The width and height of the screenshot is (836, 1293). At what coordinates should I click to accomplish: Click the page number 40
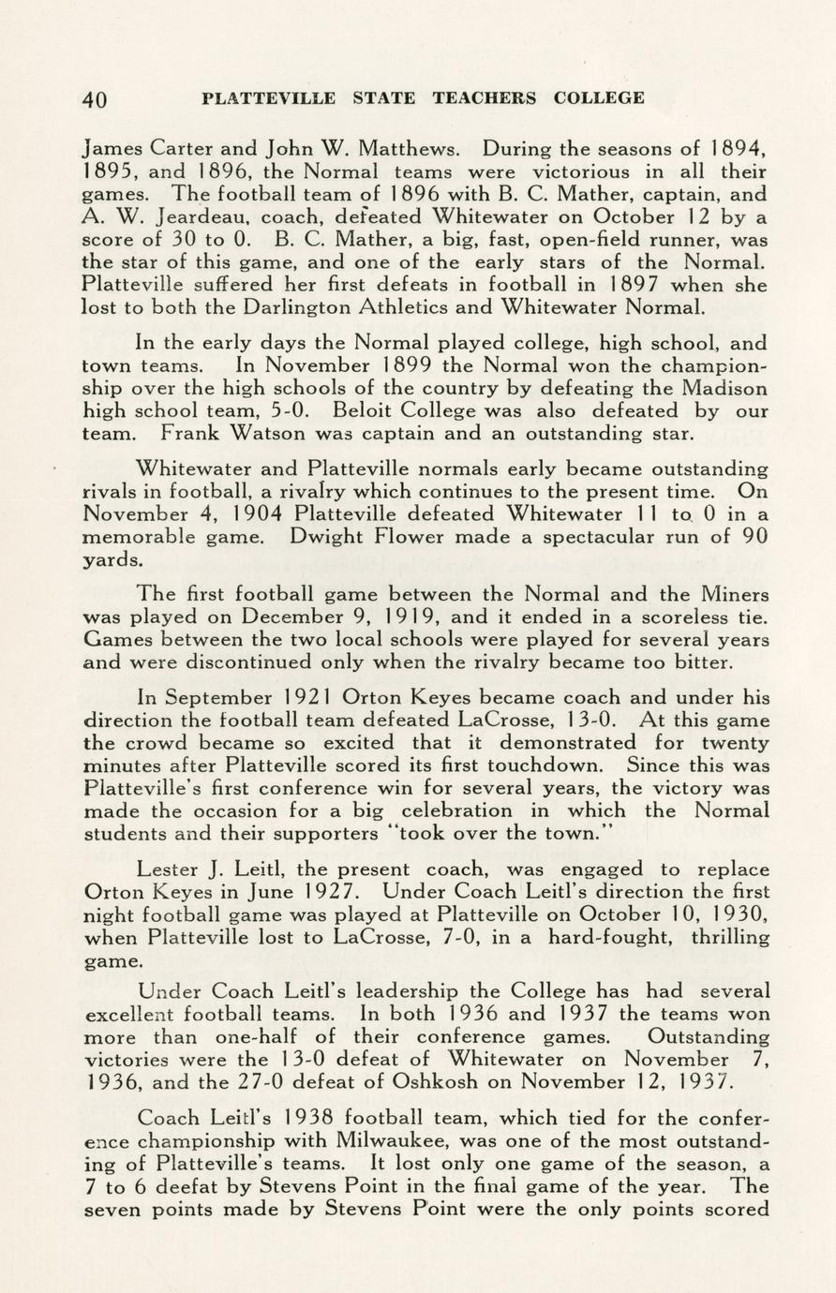tap(96, 99)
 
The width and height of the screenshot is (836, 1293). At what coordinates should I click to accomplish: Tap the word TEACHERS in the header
tap(485, 97)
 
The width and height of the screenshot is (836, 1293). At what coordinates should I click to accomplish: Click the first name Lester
tap(167, 869)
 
